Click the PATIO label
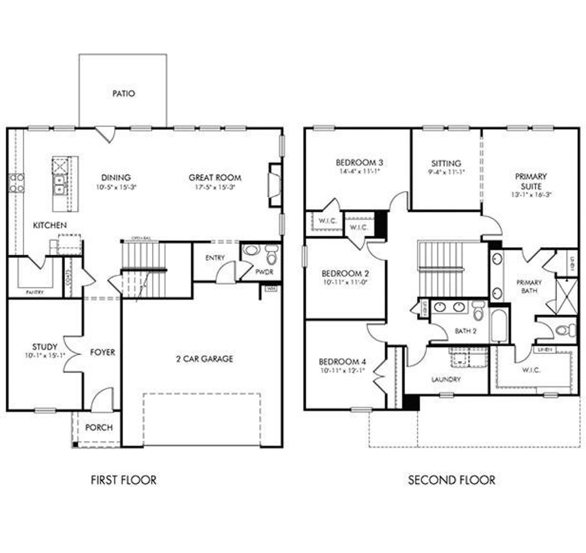pyautogui.click(x=124, y=93)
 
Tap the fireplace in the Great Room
pyautogui.click(x=274, y=185)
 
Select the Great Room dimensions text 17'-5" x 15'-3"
pyautogui.click(x=214, y=187)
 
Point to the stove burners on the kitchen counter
pyautogui.click(x=16, y=182)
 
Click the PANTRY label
pyautogui.click(x=34, y=292)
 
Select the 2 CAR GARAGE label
pyautogui.click(x=205, y=359)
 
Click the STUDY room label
pyautogui.click(x=45, y=347)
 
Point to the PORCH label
pyautogui.click(x=99, y=427)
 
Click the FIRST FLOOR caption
pyautogui.click(x=124, y=480)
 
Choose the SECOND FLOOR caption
pyautogui.click(x=451, y=480)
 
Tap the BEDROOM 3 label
pyautogui.click(x=359, y=163)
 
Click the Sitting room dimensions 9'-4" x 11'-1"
pyautogui.click(x=446, y=172)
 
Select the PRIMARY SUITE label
pyautogui.click(x=531, y=181)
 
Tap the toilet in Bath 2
pyautogui.click(x=478, y=312)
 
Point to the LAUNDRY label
pyautogui.click(x=446, y=379)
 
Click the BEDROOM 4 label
pyautogui.click(x=342, y=361)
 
